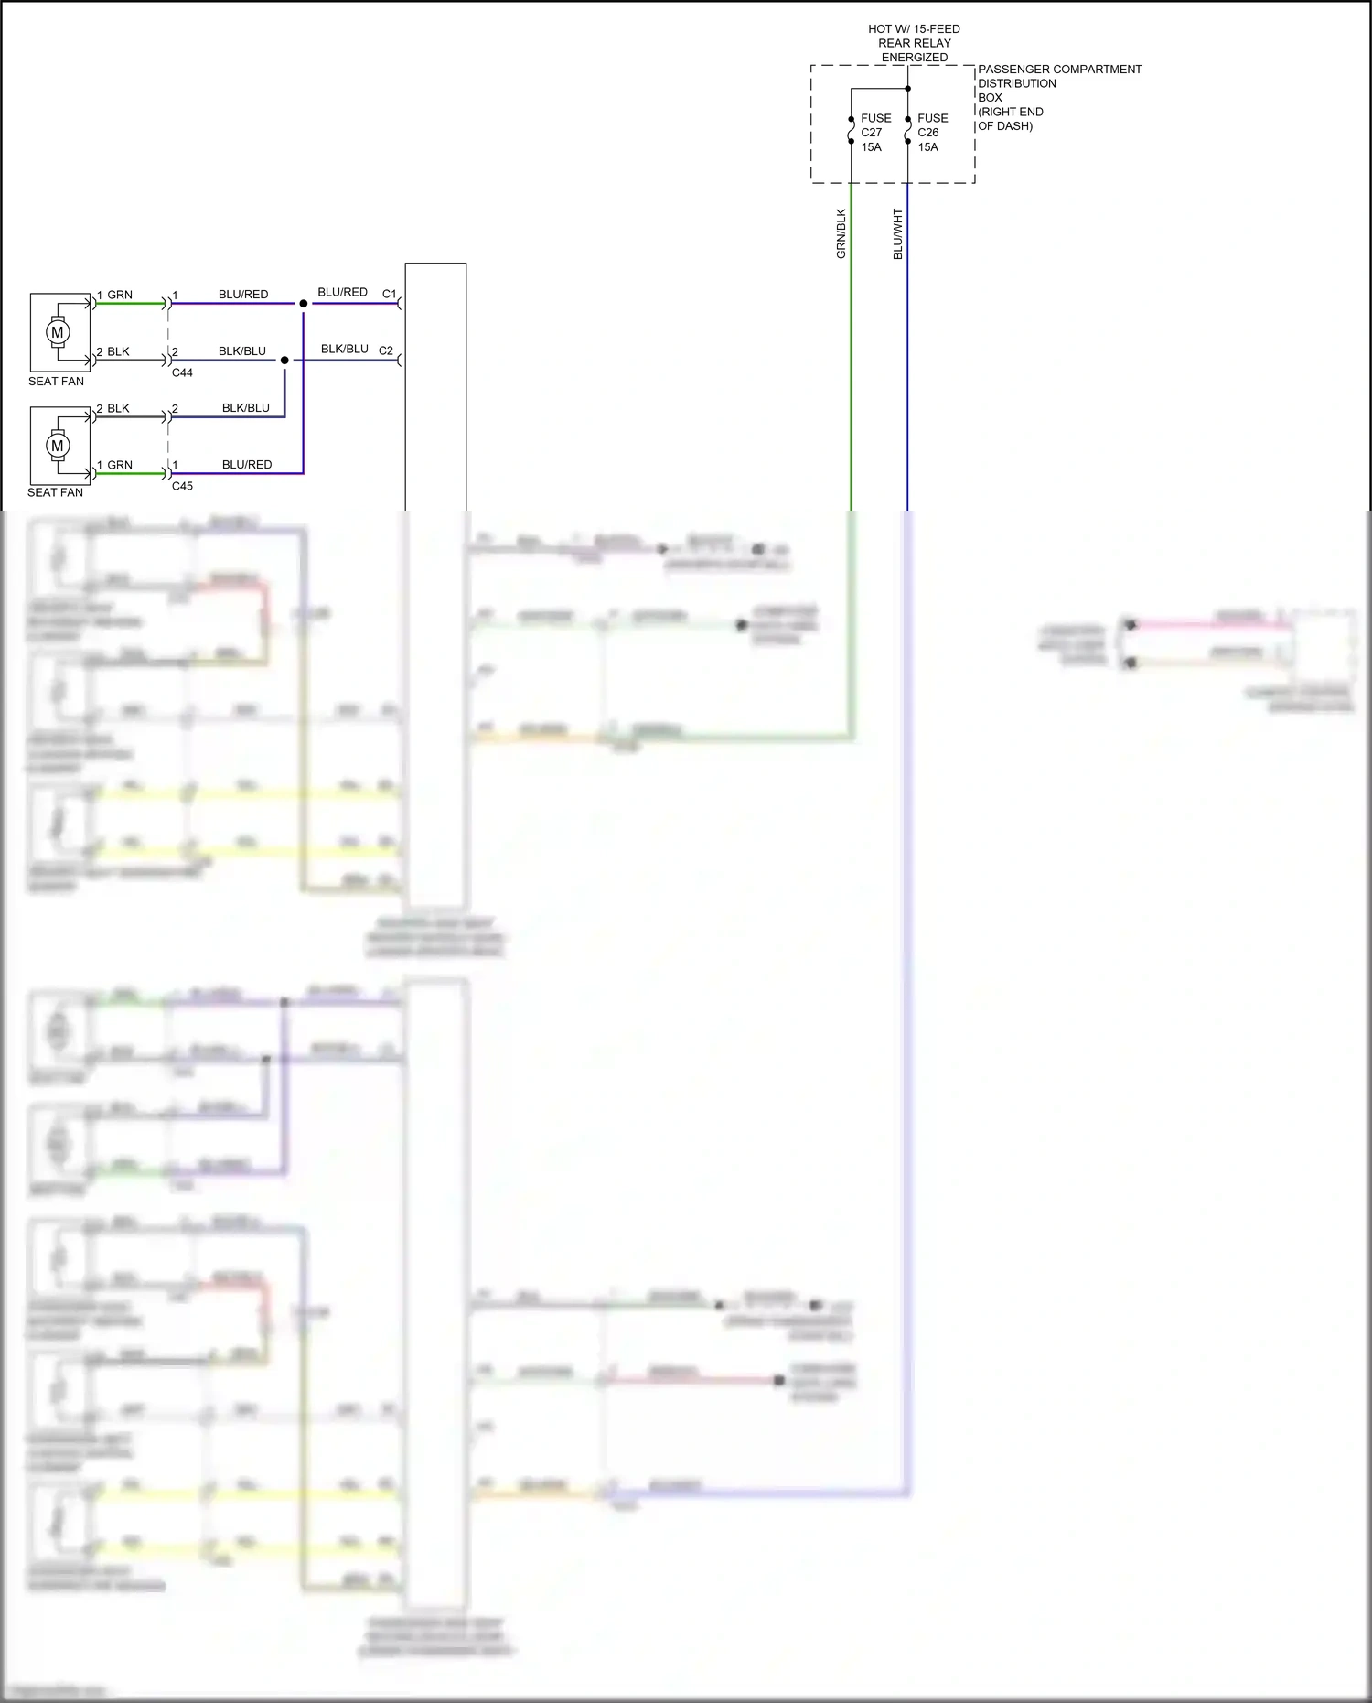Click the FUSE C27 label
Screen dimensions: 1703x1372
click(875, 125)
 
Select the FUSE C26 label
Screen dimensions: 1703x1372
click(932, 125)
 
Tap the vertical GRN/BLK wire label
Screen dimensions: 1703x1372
click(841, 234)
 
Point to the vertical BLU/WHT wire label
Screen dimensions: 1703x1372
click(898, 234)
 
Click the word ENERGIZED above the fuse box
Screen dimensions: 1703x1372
click(914, 58)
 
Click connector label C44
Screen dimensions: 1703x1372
click(182, 372)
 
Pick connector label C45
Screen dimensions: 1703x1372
click(182, 486)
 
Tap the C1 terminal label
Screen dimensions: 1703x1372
click(390, 294)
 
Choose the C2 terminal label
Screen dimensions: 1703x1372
click(386, 350)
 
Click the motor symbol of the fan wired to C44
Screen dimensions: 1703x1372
click(58, 332)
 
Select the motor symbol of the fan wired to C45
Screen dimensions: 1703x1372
click(58, 446)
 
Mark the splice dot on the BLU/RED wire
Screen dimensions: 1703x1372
click(304, 304)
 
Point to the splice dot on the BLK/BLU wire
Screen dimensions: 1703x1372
click(284, 361)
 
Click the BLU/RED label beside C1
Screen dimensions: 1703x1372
click(342, 292)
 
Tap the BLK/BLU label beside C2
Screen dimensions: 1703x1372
click(344, 349)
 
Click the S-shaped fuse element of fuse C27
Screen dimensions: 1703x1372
click(852, 130)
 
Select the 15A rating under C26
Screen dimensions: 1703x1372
click(927, 147)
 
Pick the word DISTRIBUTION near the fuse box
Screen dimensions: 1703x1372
click(1016, 83)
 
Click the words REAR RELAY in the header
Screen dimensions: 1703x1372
click(914, 43)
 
